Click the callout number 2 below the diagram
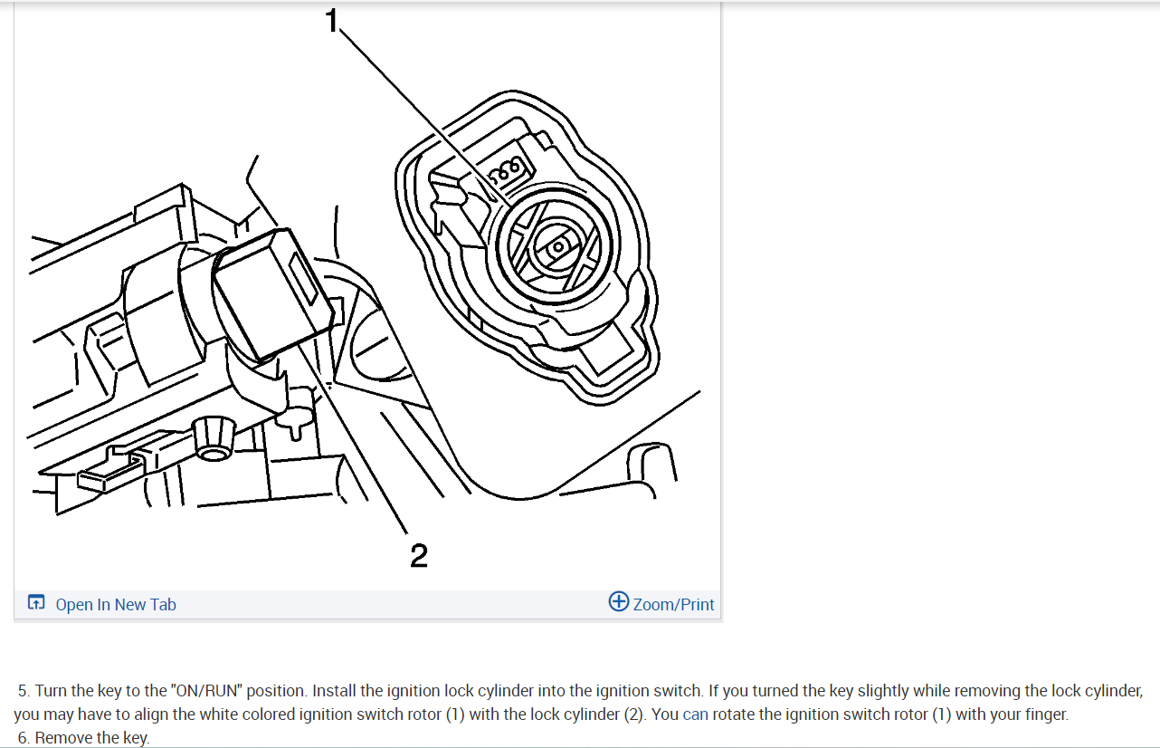(418, 555)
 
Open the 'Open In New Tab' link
(116, 604)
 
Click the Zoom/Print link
(673, 604)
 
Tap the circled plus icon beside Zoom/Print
(619, 602)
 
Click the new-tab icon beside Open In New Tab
(36, 603)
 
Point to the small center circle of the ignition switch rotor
(558, 245)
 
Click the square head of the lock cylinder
(271, 290)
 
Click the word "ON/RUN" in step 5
(207, 691)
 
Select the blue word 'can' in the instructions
(696, 714)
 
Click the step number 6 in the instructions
(23, 738)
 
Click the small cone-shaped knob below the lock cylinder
(211, 438)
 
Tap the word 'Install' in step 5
(338, 691)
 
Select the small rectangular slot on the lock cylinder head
(303, 280)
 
